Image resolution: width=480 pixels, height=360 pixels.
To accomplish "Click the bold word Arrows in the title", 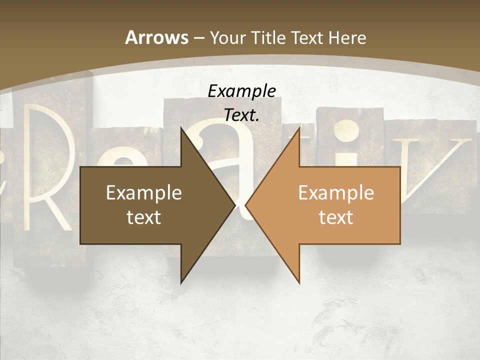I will coord(156,37).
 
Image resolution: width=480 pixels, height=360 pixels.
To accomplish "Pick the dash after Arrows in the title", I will coord(199,38).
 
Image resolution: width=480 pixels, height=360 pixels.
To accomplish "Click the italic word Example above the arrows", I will coord(241,91).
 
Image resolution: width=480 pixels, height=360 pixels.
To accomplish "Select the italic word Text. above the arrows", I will coord(241,115).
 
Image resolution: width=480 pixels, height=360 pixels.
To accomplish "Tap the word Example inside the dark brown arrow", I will coord(143,192).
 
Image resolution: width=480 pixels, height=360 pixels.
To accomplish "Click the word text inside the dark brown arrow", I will coord(143,217).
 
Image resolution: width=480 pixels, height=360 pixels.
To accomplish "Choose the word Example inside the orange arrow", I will coord(336,192).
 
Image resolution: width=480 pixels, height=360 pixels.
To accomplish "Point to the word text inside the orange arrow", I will coord(336,217).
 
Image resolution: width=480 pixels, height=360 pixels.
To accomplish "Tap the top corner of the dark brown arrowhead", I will coord(181,128).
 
